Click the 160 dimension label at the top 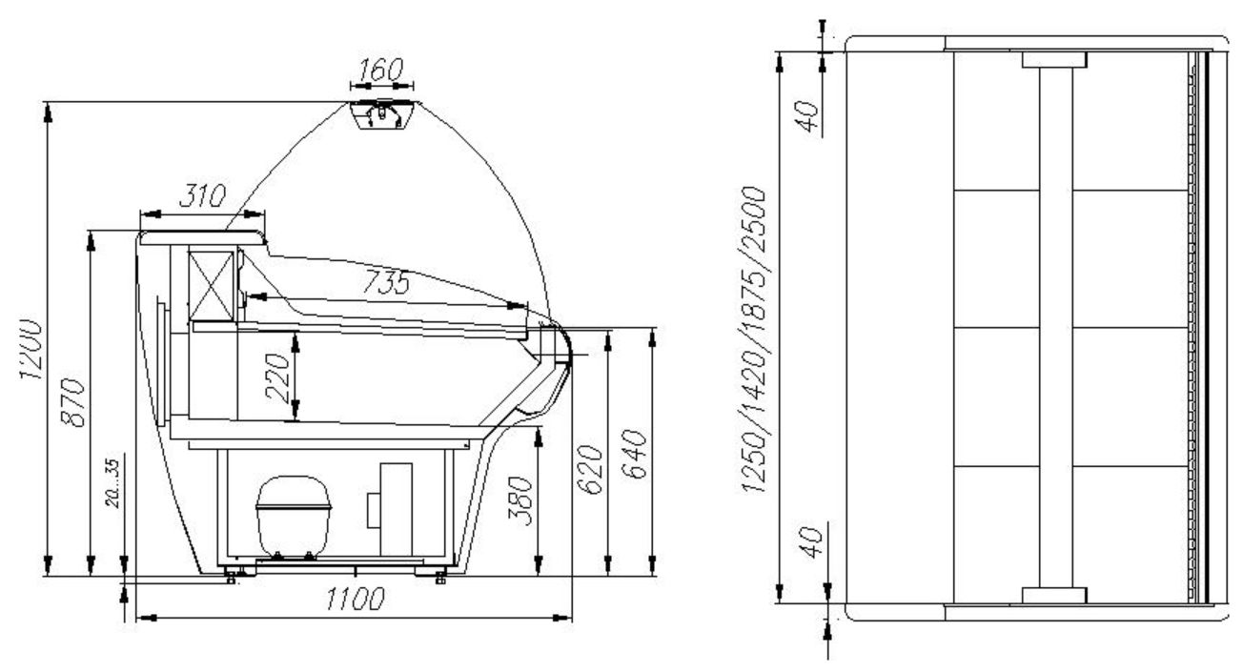click(x=380, y=71)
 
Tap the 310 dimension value click(x=202, y=195)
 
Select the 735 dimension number click(x=386, y=282)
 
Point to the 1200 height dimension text click(x=31, y=350)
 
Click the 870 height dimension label click(x=72, y=402)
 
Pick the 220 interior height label click(x=277, y=377)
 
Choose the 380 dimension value click(x=520, y=500)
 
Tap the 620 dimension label click(x=589, y=469)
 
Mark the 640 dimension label click(x=634, y=455)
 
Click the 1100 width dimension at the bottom click(x=356, y=600)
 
